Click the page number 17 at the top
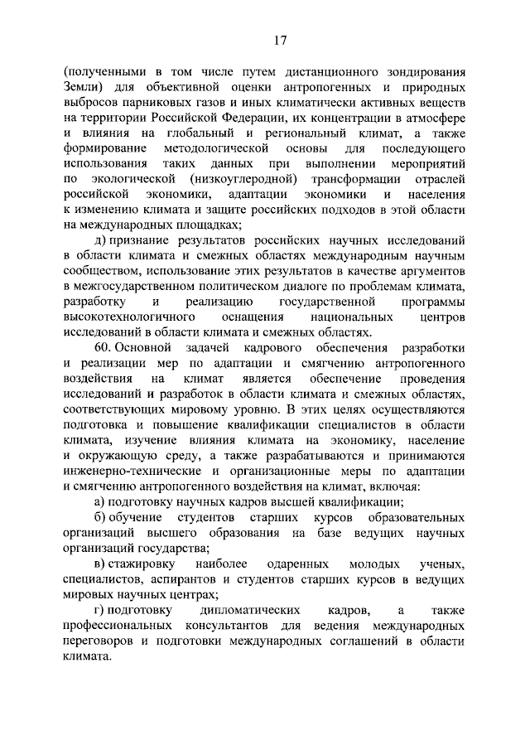click(280, 40)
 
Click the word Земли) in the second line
click(86, 88)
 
